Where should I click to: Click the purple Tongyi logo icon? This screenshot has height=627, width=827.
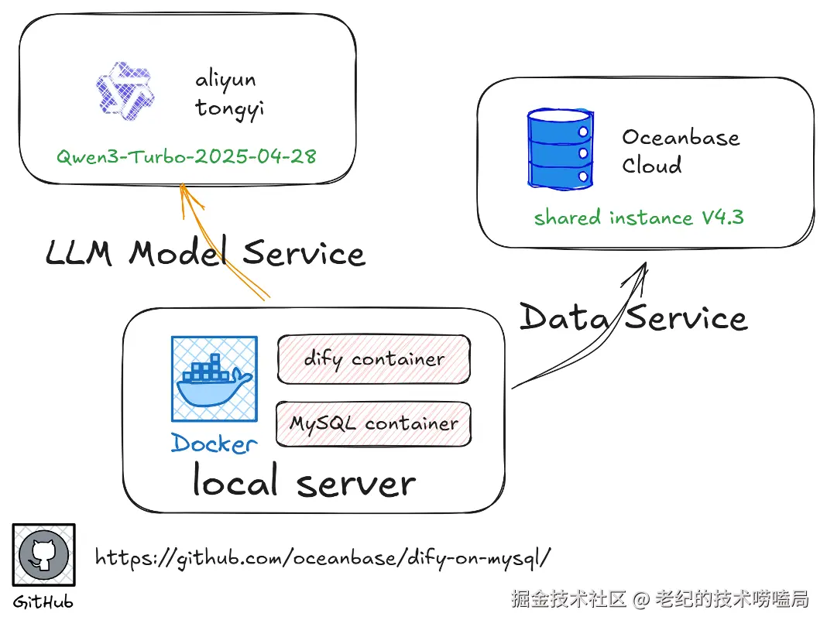point(125,91)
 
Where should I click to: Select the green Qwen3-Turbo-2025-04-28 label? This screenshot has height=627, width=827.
point(186,156)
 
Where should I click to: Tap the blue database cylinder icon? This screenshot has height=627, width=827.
point(561,149)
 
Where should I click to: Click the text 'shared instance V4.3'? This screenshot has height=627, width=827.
point(639,218)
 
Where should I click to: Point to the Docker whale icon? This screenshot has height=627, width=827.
point(214,379)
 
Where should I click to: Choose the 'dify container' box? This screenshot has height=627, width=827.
point(374,359)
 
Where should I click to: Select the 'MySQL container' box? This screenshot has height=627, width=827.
point(373,424)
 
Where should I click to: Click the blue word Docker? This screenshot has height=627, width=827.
point(214,443)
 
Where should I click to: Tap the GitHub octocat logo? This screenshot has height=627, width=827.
point(44,555)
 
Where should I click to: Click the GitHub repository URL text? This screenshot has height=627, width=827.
point(323,558)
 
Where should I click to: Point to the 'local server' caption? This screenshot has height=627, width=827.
point(304,481)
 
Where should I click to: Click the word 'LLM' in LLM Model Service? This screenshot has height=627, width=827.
point(78,252)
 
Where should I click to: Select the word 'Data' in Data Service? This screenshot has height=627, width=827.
point(564,317)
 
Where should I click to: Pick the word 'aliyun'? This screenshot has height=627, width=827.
point(226,81)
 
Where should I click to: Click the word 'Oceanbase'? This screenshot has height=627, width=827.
point(681,137)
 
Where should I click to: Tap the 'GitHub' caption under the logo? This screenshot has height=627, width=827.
point(43,602)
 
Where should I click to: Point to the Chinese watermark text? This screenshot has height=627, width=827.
point(660,599)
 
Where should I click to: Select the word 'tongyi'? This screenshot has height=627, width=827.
point(229,109)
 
